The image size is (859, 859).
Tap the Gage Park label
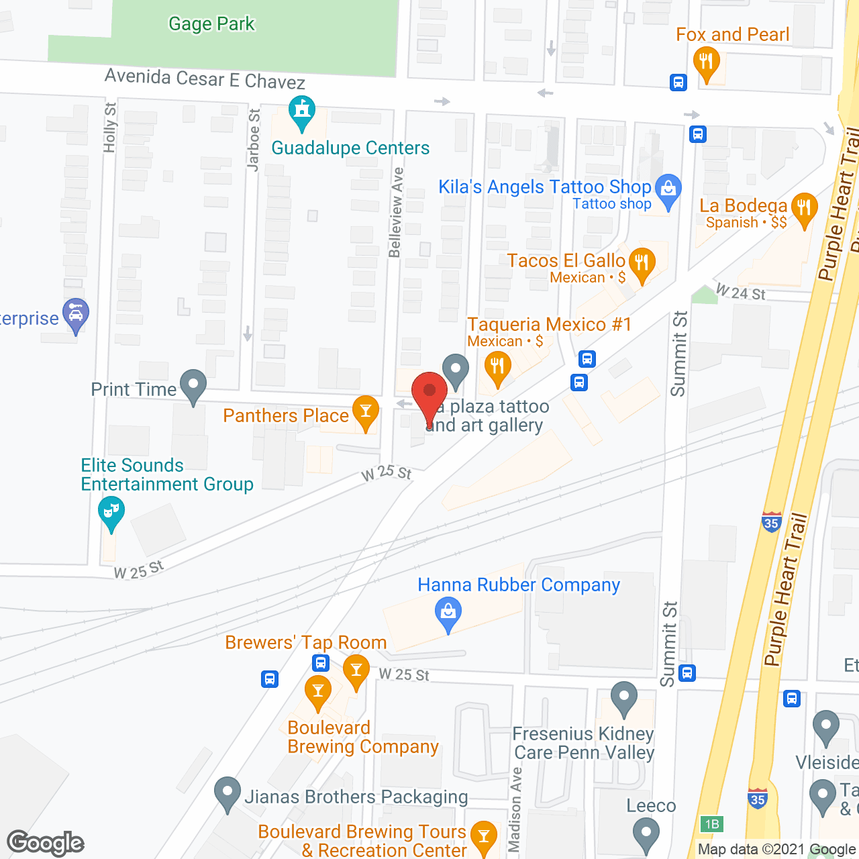point(211,24)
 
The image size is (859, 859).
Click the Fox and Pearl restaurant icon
point(705,62)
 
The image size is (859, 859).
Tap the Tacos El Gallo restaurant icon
point(642,263)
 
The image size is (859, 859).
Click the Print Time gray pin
point(193,385)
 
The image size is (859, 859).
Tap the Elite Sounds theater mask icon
point(111,511)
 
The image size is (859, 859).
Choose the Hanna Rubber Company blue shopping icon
point(448,613)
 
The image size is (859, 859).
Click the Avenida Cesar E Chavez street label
point(205,79)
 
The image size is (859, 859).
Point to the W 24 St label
point(740,293)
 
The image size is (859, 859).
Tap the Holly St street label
point(110,128)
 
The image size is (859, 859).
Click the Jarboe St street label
point(254,140)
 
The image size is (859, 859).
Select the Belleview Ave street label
point(397,212)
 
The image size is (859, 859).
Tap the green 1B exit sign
point(712,824)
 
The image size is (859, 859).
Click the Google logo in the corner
point(46,843)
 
